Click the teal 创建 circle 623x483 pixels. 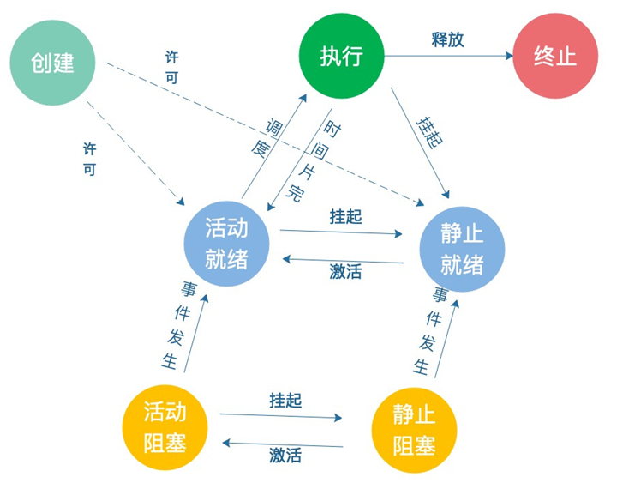coord(52,62)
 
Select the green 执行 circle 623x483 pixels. coord(341,57)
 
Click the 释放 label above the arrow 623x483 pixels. coord(447,39)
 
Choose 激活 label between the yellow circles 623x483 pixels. coord(285,456)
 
